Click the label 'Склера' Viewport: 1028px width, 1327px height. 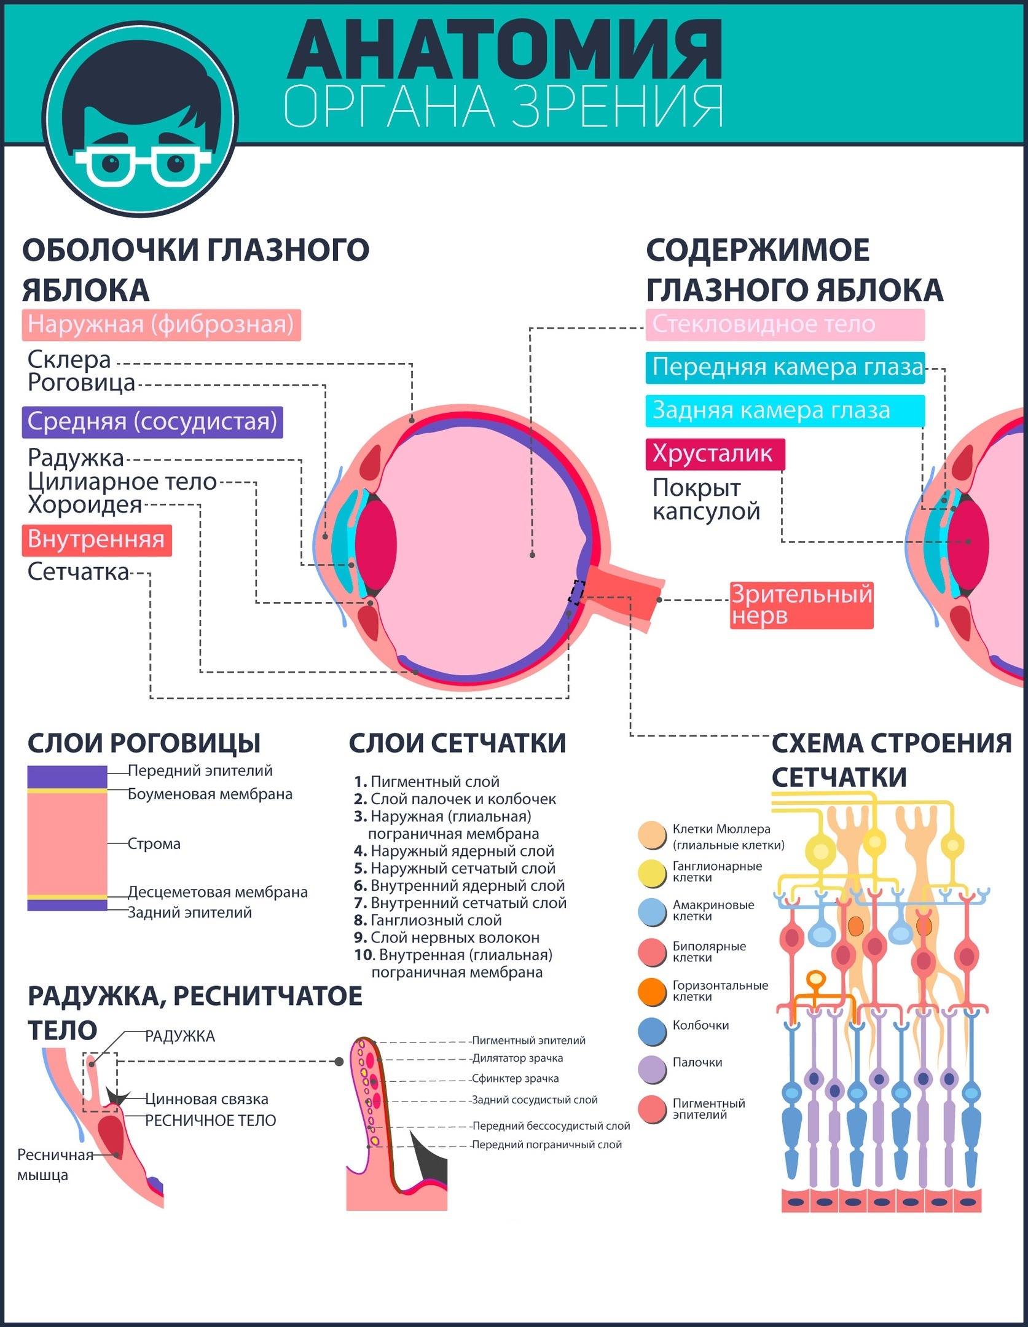[69, 359]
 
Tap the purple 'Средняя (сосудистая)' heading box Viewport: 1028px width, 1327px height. [152, 422]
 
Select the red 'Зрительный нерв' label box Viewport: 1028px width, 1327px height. [801, 605]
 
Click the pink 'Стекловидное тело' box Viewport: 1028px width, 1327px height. [785, 324]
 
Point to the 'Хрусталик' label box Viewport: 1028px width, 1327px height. [715, 454]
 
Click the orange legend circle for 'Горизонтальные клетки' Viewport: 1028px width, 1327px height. [652, 992]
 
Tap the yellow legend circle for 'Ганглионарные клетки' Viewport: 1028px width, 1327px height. [652, 873]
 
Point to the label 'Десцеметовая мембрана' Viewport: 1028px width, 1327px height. [218, 891]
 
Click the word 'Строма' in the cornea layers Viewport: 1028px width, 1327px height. [154, 844]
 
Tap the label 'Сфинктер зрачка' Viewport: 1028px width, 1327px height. [515, 1078]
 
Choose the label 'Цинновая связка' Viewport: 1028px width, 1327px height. [206, 1099]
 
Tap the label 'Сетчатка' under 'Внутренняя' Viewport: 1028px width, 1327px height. [78, 572]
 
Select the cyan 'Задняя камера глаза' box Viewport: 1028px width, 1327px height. [785, 410]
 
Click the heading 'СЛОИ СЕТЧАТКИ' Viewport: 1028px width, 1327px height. [457, 743]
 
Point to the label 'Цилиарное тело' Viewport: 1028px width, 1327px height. [122, 482]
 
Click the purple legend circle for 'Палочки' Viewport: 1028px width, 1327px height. [652, 1069]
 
